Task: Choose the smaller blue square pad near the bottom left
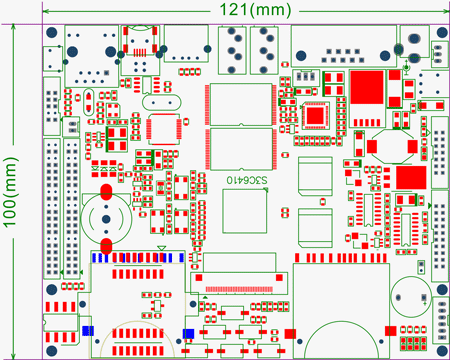click(87, 329)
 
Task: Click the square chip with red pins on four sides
click(162, 130)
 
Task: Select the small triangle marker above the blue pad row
click(162, 247)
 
